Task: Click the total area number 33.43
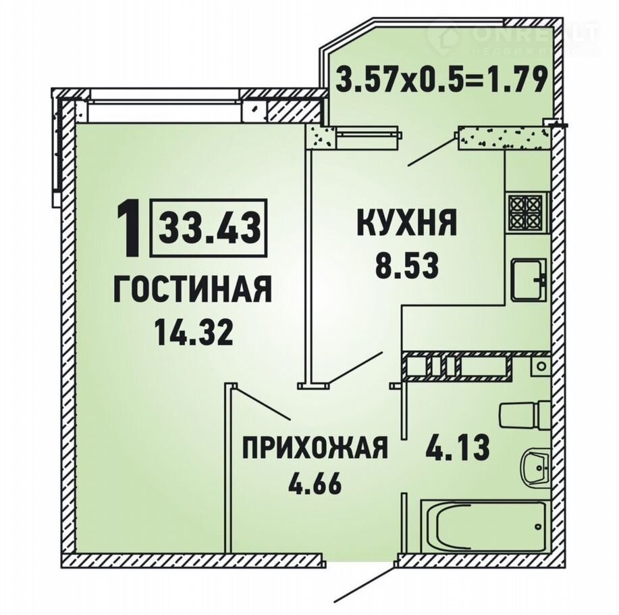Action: point(209,228)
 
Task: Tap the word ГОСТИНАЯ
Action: point(192,289)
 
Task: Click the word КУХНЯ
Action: point(406,222)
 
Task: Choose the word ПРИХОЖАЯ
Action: point(315,447)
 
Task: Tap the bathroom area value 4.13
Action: point(457,448)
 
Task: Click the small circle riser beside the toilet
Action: point(542,366)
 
